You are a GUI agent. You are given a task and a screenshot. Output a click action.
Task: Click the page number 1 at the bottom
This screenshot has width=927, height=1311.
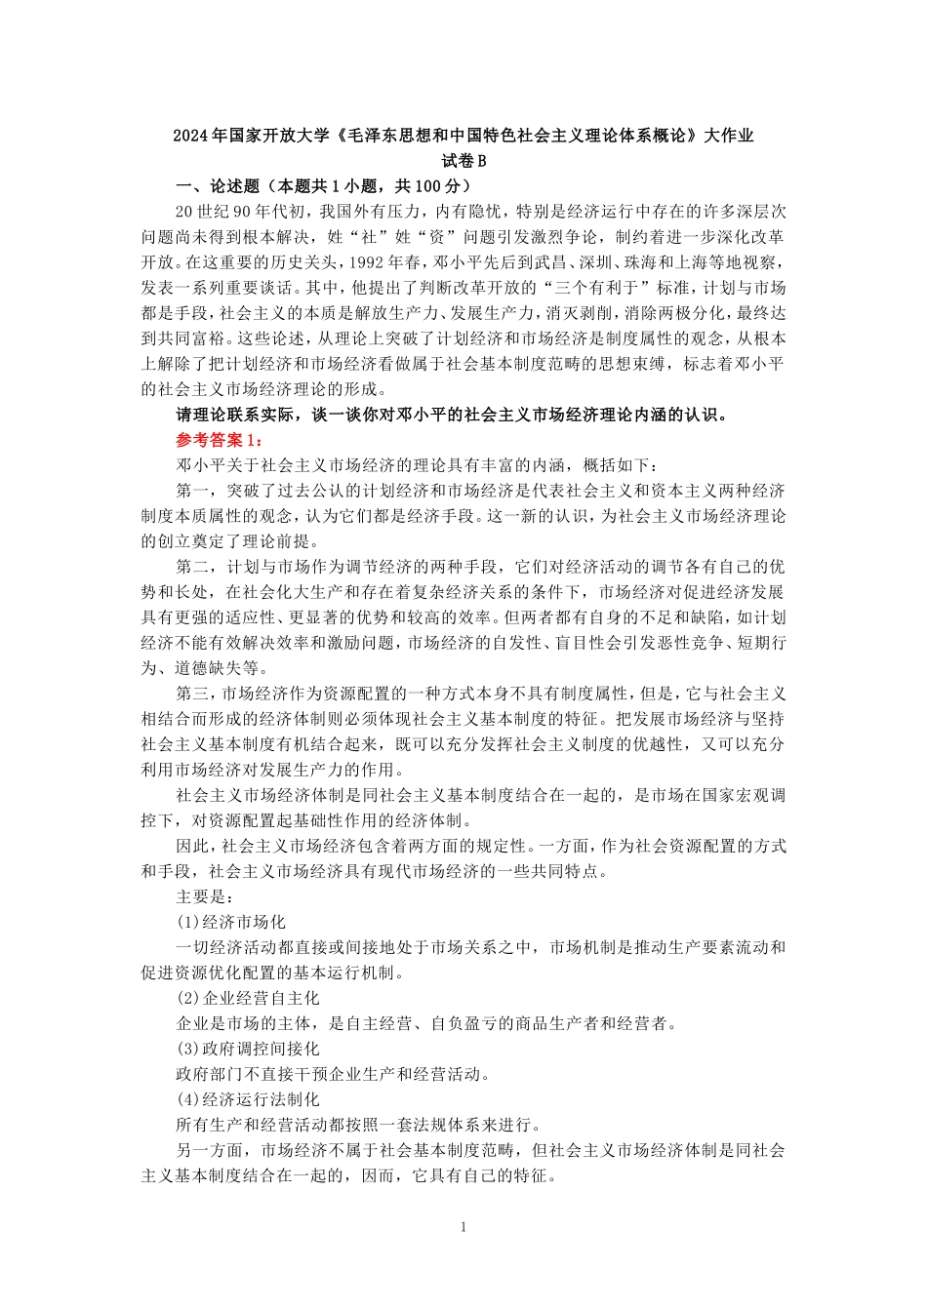[463, 1226]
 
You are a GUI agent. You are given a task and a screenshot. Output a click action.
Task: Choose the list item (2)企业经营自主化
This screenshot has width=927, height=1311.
[248, 998]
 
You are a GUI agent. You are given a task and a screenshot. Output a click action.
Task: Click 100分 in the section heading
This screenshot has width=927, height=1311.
[436, 185]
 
